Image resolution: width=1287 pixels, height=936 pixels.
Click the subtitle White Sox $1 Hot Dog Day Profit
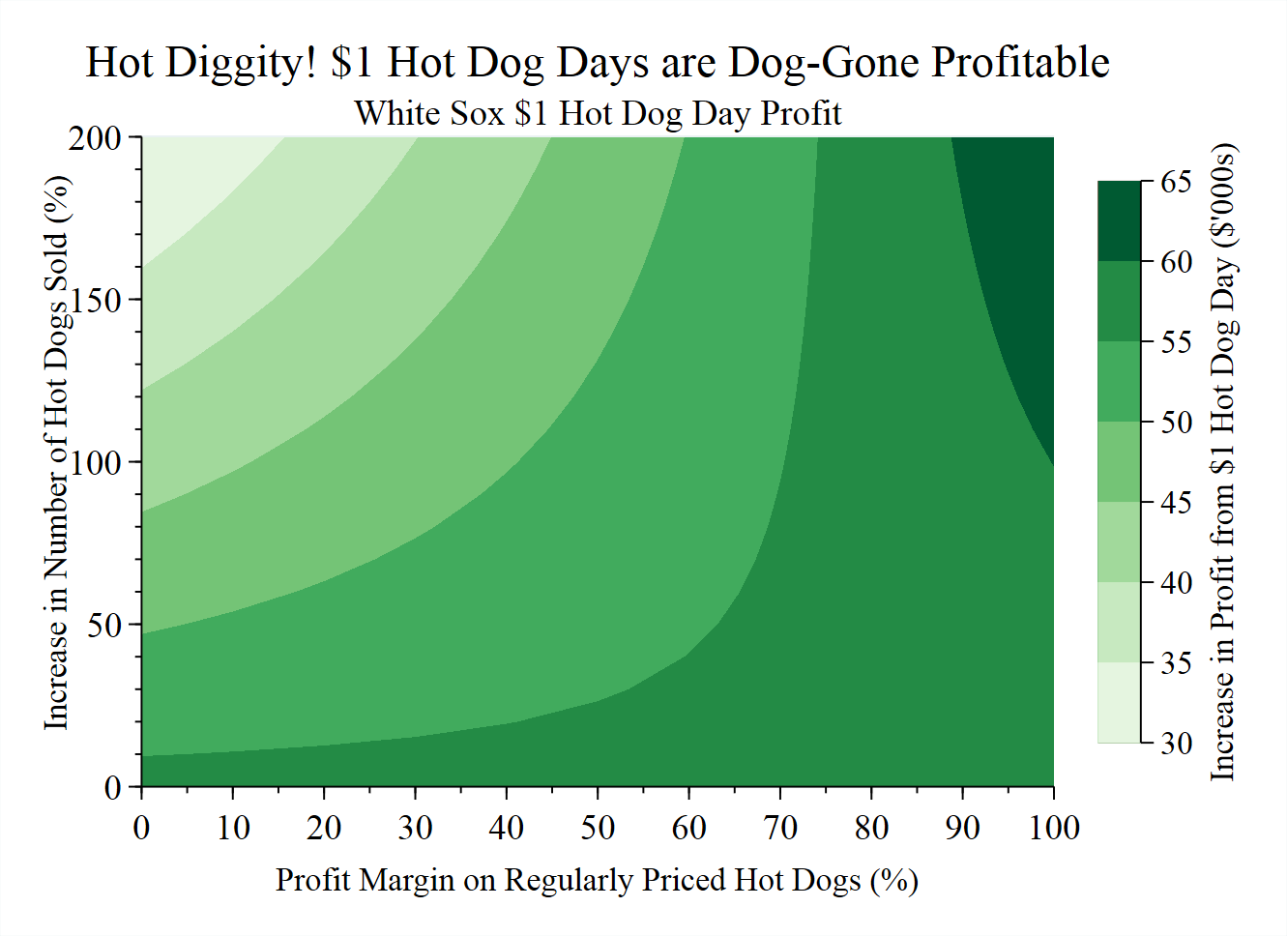[598, 113]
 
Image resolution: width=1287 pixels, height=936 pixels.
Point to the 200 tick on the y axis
[94, 137]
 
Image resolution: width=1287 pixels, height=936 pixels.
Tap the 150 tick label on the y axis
[94, 300]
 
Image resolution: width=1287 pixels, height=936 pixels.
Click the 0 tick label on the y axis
[114, 787]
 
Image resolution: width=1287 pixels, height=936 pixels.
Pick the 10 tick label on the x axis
[233, 828]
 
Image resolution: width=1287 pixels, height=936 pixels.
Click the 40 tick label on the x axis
[507, 828]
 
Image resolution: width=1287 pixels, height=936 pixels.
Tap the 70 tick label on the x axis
[780, 828]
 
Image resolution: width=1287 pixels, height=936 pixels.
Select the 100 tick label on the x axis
[1053, 828]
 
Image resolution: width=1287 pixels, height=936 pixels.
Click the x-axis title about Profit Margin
[597, 880]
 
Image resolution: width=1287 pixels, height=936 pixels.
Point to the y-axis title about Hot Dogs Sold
[56, 453]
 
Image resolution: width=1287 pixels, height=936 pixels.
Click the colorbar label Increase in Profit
[1223, 462]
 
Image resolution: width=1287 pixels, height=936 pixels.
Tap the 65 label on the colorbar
[1176, 182]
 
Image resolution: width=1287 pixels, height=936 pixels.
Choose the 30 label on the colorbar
[1176, 743]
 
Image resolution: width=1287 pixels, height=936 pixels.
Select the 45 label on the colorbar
[1176, 503]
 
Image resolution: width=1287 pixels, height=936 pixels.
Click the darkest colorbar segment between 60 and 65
[1120, 220]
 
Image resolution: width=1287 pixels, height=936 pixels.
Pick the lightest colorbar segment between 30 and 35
[1120, 703]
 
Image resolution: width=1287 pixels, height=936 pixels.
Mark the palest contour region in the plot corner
[193, 184]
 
